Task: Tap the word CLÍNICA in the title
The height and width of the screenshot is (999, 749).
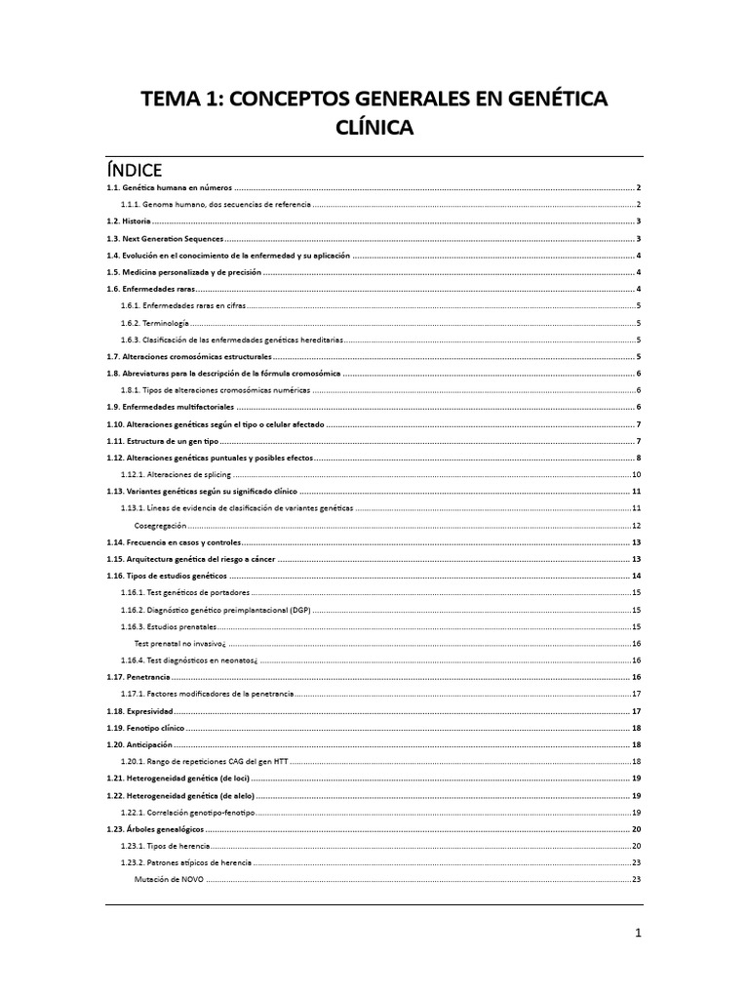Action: pyautogui.click(x=374, y=129)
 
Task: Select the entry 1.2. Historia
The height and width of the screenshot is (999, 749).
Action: pyautogui.click(x=129, y=221)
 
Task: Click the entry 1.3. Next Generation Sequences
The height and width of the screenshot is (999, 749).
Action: pyautogui.click(x=165, y=238)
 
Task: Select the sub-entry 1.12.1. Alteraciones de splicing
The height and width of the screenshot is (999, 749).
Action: pyautogui.click(x=176, y=474)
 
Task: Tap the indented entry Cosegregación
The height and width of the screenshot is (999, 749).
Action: pyautogui.click(x=160, y=525)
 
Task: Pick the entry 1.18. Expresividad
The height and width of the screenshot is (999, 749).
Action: pyautogui.click(x=140, y=711)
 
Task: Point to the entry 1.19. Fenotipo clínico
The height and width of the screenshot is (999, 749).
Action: pyautogui.click(x=145, y=728)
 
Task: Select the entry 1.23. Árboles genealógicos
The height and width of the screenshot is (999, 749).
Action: pyautogui.click(x=156, y=828)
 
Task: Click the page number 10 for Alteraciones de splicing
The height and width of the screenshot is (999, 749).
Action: pyautogui.click(x=635, y=474)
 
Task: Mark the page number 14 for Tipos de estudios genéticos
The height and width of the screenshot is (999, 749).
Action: pyautogui.click(x=635, y=576)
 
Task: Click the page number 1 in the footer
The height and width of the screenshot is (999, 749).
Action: pyautogui.click(x=638, y=933)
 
